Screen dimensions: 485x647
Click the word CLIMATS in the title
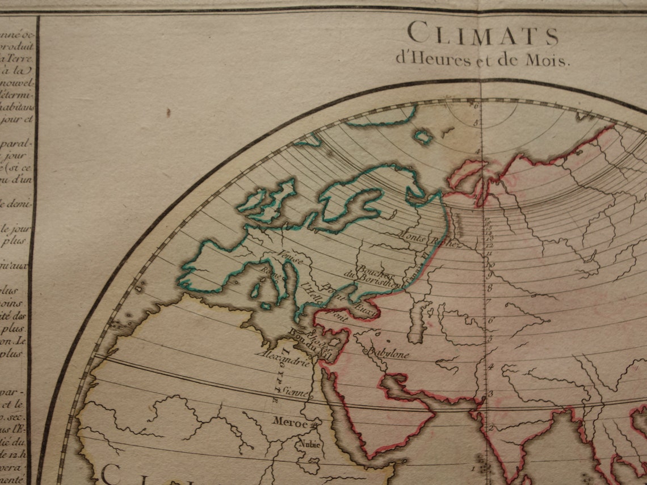[482, 35]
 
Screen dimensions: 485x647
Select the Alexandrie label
[283, 359]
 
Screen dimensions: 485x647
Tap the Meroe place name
[289, 423]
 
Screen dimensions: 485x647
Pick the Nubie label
[310, 444]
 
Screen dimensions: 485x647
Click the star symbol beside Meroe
[312, 423]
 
